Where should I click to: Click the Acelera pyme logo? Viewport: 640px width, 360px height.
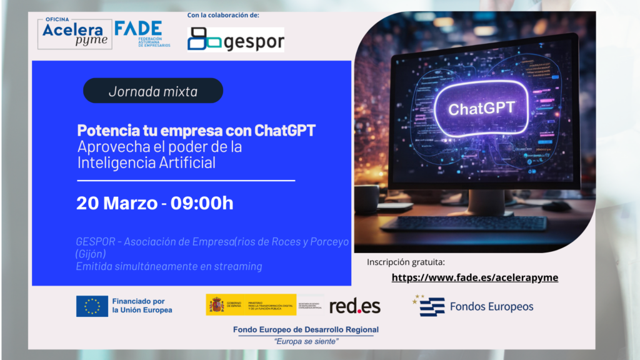point(73,33)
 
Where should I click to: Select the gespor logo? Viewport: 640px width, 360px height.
point(236,40)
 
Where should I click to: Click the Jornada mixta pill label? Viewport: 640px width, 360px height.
point(153,91)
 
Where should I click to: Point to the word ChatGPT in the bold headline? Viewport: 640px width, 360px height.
point(285,131)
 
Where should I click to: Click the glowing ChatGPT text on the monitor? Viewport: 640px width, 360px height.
point(481,108)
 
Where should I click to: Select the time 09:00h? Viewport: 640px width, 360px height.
point(199,203)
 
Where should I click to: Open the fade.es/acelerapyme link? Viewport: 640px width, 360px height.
point(474,277)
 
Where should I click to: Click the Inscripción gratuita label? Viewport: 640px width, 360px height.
point(405,262)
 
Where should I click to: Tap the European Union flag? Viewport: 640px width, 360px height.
point(92,306)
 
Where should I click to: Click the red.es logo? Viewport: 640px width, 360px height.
point(354,306)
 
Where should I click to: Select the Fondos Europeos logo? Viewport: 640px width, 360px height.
point(473,306)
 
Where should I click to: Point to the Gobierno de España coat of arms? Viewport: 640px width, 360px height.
point(216,305)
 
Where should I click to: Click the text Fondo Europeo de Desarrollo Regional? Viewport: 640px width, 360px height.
point(305,329)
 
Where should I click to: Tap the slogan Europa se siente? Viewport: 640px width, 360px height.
point(306,341)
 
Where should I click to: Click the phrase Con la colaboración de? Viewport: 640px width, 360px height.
point(223,15)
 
